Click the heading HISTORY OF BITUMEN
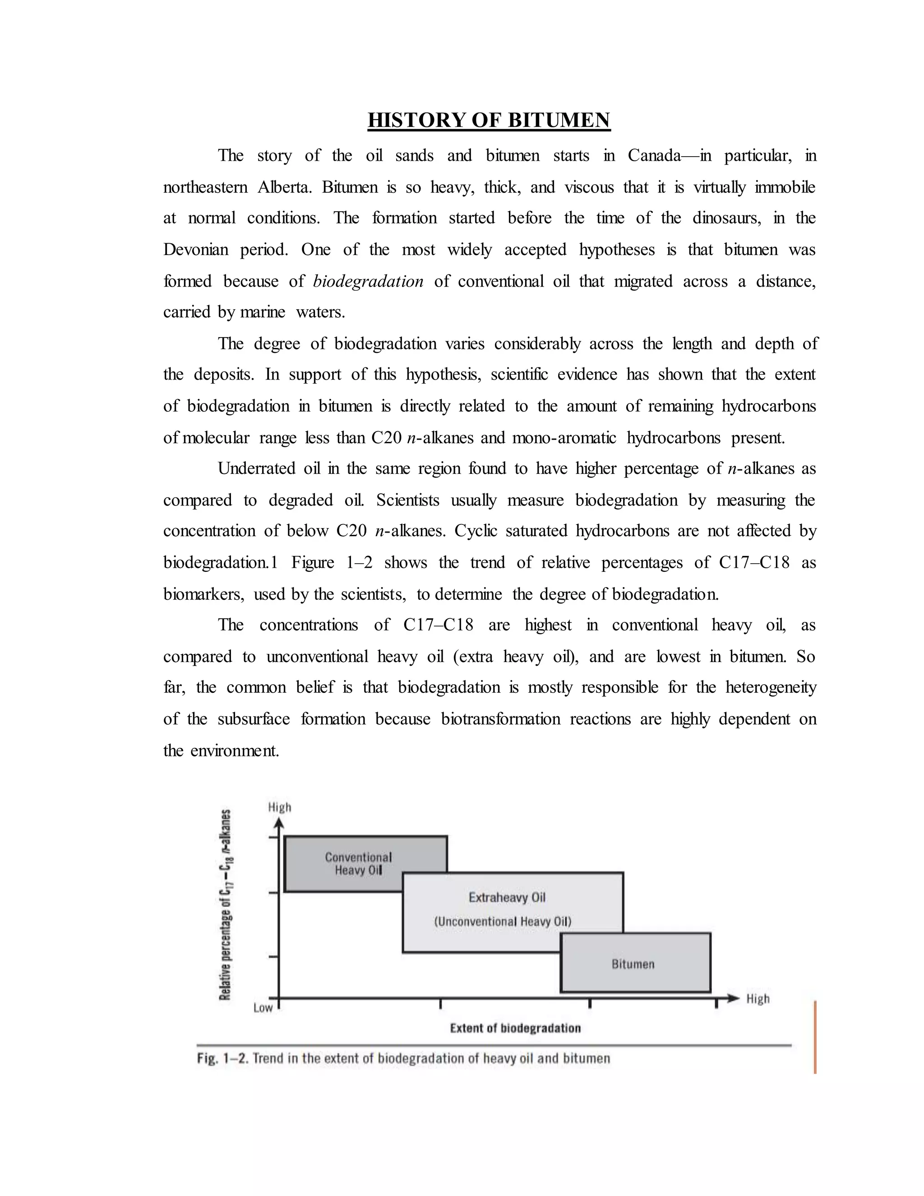(x=488, y=120)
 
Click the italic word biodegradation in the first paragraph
(x=368, y=282)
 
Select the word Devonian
(x=195, y=250)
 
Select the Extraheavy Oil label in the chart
(x=507, y=897)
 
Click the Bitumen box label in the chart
(x=633, y=964)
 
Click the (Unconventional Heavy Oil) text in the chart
(x=503, y=921)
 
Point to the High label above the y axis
(x=279, y=807)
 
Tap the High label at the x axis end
(x=758, y=999)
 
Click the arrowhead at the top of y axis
(x=279, y=823)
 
